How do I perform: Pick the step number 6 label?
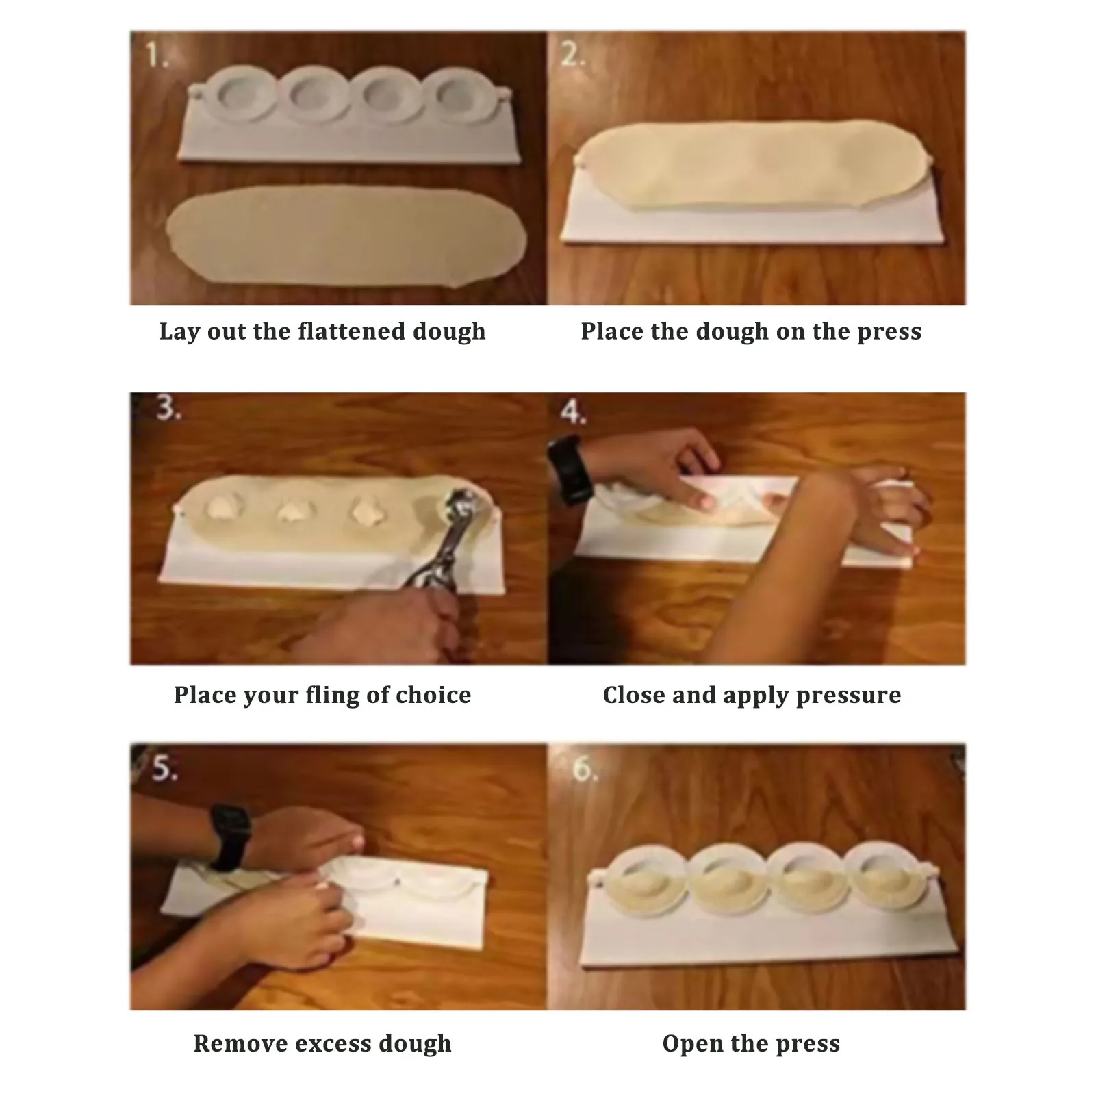[584, 769]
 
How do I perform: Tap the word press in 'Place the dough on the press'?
[889, 332]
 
